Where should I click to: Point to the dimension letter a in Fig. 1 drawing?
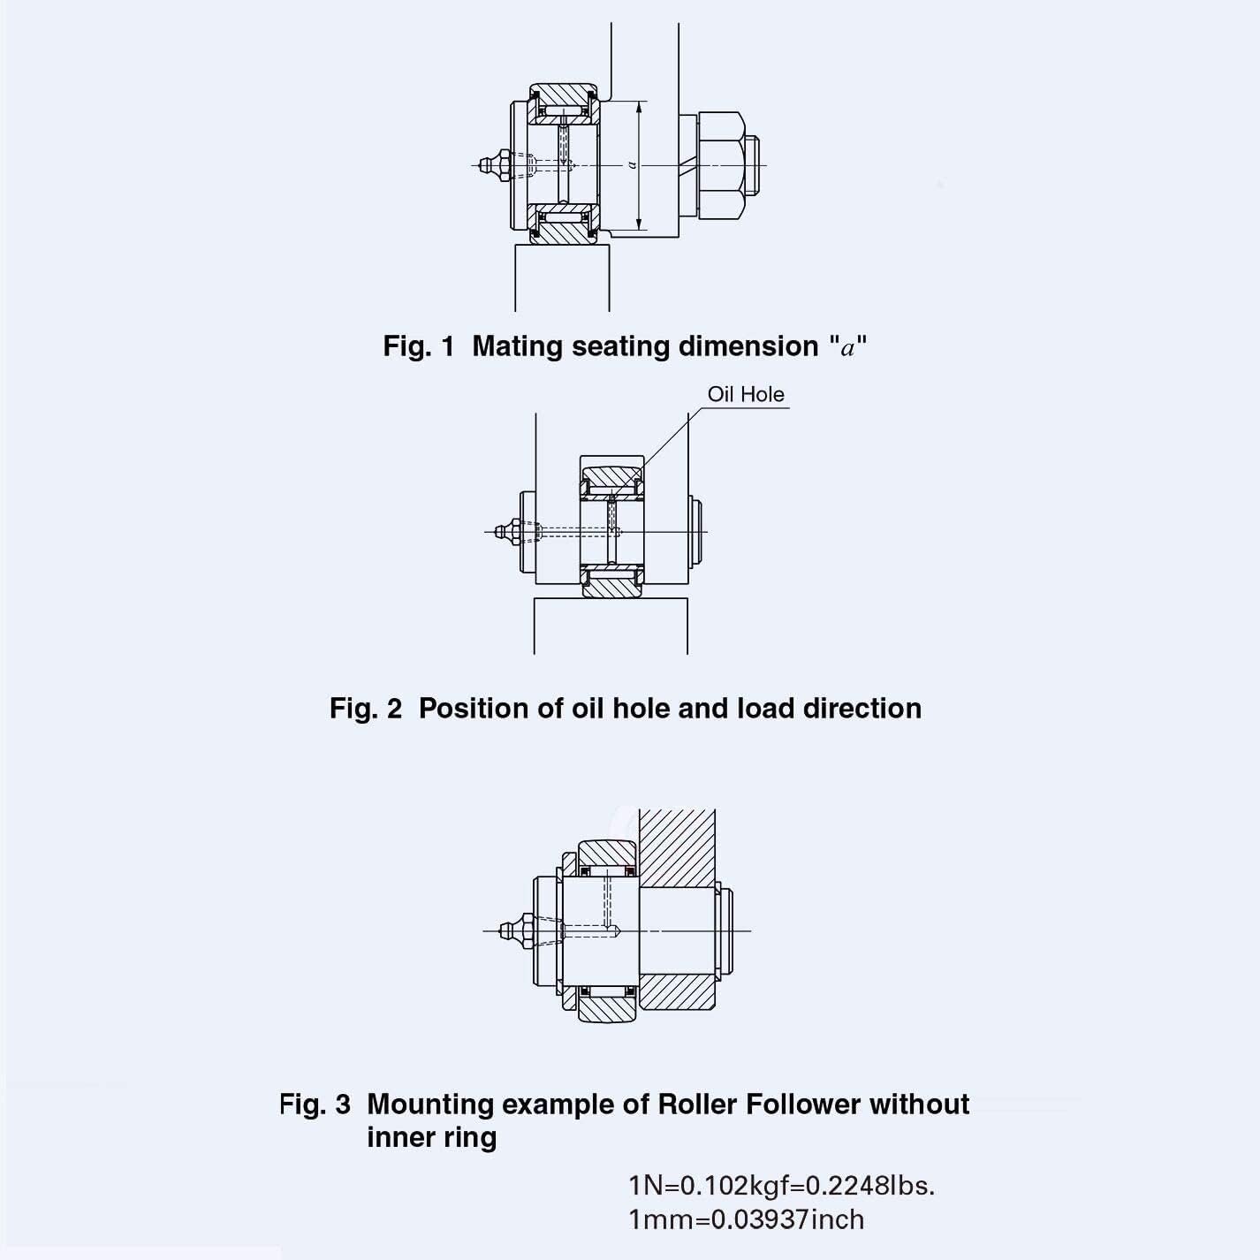(632, 164)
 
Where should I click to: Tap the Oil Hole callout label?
(745, 394)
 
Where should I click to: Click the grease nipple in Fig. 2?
(507, 532)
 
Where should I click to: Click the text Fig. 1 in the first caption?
(418, 346)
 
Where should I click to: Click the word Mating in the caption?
(519, 346)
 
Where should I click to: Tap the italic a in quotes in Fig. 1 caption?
(848, 347)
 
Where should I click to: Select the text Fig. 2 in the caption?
(365, 709)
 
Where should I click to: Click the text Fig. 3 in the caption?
(315, 1104)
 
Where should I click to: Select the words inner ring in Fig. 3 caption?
(431, 1137)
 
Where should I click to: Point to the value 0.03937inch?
(787, 1220)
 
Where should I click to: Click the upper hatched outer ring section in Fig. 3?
(607, 853)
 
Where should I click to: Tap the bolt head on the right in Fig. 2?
(697, 532)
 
